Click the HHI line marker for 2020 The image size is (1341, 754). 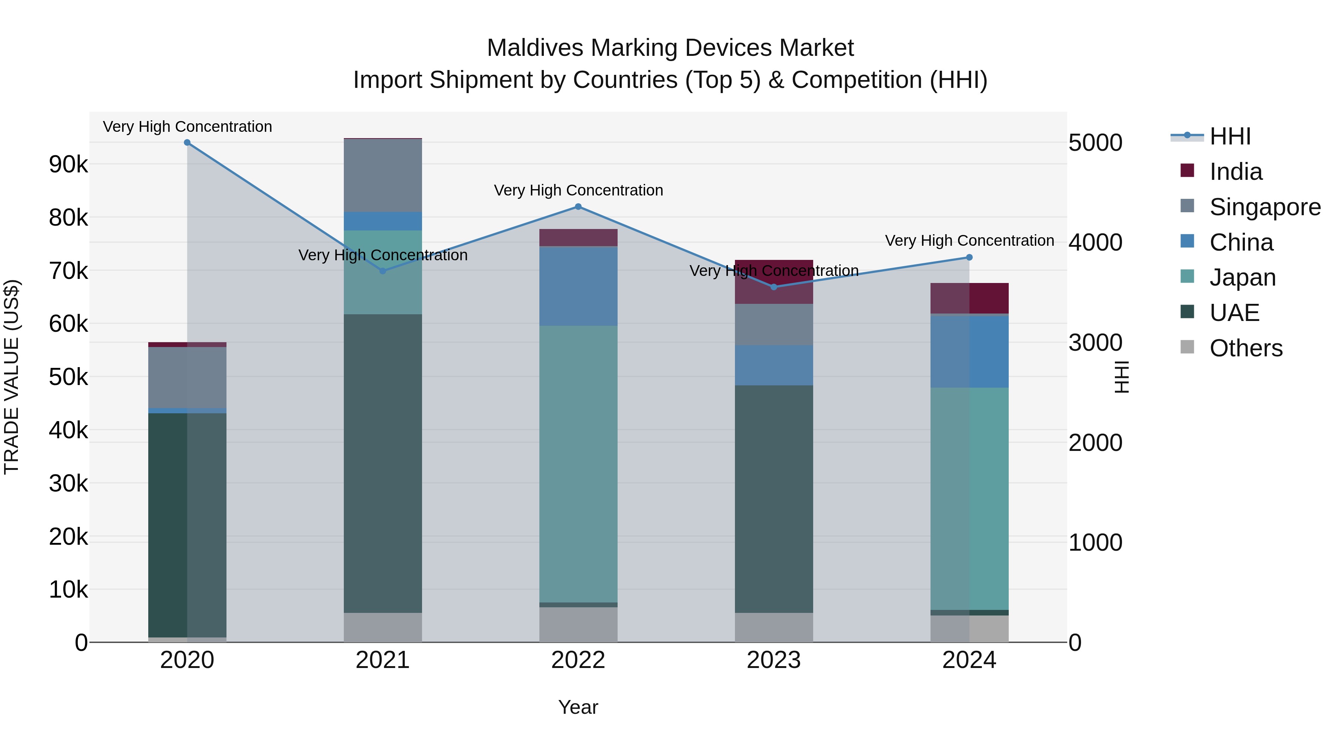coord(187,143)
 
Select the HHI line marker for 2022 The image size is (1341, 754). coord(578,207)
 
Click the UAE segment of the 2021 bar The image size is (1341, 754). coord(383,463)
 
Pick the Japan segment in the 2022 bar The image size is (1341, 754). coord(578,463)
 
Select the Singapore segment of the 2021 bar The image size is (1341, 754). coord(383,175)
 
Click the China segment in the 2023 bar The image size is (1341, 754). coord(774,365)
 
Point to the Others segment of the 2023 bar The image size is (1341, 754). coord(774,627)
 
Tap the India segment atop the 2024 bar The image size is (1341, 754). coord(969,298)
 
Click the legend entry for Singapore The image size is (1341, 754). coord(1265,207)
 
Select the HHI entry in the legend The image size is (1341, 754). coord(1230,136)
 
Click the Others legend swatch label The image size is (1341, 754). coord(1246,348)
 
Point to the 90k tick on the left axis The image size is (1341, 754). coord(68,165)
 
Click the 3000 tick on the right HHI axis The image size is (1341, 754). coord(1095,343)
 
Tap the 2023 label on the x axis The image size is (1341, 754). coord(774,660)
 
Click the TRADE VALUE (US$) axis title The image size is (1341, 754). coord(12,377)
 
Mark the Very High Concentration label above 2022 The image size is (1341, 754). coord(578,190)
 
